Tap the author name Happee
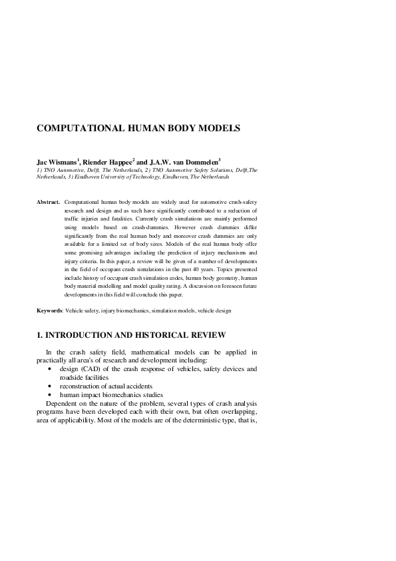(118, 162)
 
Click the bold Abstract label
(48, 201)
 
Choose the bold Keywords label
(49, 310)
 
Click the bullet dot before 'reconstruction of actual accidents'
(51, 386)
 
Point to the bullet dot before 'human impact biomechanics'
(51, 395)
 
